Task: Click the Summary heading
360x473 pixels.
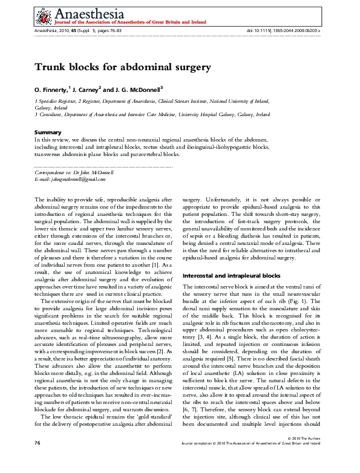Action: coord(48,132)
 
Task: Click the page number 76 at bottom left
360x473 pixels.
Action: coord(38,460)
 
